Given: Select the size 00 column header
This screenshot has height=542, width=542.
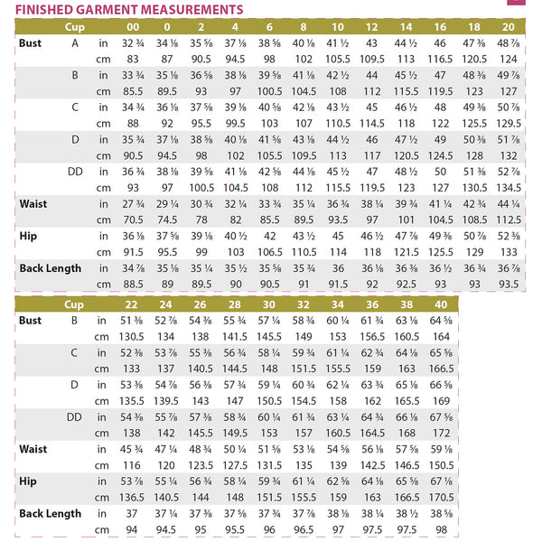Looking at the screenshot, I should click(134, 27).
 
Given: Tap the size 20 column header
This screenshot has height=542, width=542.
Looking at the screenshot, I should click(509, 27).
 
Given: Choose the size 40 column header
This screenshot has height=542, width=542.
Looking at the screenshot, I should click(441, 304).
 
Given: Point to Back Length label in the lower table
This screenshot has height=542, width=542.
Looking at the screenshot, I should click(50, 513).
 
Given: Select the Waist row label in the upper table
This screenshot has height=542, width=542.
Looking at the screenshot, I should click(33, 203).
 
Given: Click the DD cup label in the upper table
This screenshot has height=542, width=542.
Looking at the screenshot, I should click(75, 171).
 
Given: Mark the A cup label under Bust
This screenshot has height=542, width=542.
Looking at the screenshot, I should click(75, 42).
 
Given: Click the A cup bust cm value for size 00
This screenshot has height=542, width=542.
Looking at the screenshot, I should click(134, 58).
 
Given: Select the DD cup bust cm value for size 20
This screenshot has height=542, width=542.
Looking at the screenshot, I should click(509, 187).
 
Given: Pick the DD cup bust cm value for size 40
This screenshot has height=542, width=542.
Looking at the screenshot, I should click(441, 434).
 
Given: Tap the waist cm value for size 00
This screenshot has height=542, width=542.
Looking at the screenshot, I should click(134, 219).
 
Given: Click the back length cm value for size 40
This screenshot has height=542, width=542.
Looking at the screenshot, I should click(441, 529).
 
